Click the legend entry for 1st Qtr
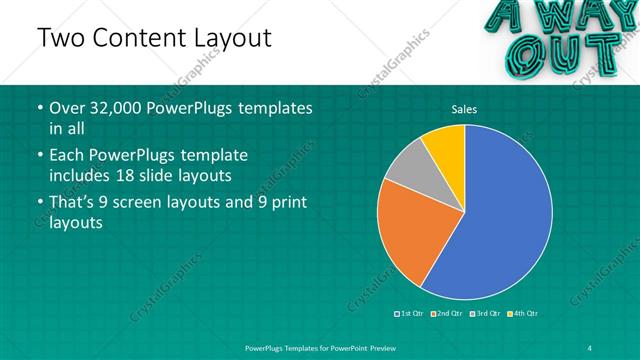click(x=410, y=314)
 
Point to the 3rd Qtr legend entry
click(x=484, y=314)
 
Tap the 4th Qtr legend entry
click(x=522, y=314)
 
